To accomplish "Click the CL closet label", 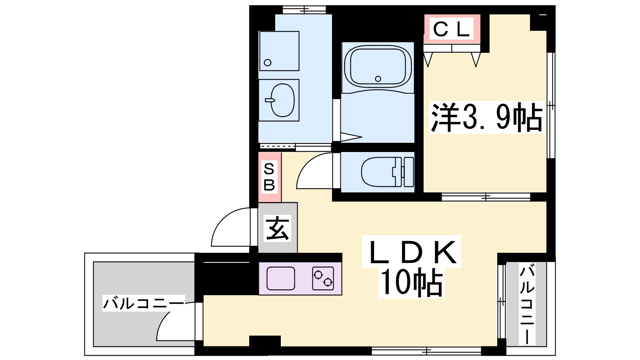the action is click(452, 29).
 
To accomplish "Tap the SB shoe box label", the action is click(269, 177).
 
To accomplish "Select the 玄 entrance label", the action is click(278, 228).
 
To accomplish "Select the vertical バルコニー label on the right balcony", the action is click(527, 304).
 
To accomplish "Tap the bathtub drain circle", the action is click(378, 78).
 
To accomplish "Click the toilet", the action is click(388, 172).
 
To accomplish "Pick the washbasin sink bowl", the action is click(282, 100).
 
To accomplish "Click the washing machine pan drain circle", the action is click(268, 62).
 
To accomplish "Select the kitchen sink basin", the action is click(280, 278).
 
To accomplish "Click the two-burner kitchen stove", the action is click(323, 278).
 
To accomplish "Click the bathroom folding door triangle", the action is click(352, 137).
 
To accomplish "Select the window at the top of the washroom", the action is click(304, 10).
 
